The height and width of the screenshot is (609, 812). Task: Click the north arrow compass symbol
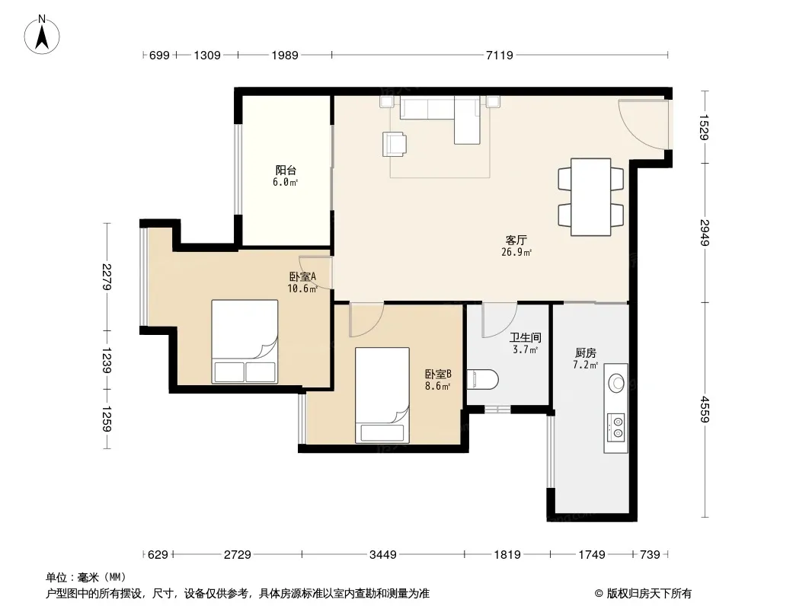click(42, 35)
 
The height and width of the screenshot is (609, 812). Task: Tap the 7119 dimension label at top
click(499, 55)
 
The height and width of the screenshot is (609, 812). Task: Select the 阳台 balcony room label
click(286, 170)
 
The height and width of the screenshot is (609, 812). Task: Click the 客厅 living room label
click(516, 240)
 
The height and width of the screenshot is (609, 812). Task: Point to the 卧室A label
click(302, 276)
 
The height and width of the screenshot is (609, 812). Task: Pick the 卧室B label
click(438, 374)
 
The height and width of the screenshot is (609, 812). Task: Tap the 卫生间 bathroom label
click(525, 337)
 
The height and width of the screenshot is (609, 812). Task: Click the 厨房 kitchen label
click(586, 353)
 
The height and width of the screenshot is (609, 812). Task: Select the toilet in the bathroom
click(483, 380)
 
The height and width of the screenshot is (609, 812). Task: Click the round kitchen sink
click(616, 383)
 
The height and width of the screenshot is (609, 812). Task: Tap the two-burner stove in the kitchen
click(616, 427)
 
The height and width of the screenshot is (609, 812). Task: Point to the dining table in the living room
click(591, 197)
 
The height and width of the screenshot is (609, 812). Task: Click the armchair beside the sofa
click(394, 144)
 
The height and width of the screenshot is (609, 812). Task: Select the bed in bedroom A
click(245, 342)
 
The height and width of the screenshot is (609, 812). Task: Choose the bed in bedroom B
click(382, 395)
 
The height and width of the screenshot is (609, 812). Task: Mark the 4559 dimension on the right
click(705, 409)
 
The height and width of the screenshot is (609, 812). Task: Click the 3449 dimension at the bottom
click(382, 555)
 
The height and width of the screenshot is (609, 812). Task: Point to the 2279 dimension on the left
click(107, 276)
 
